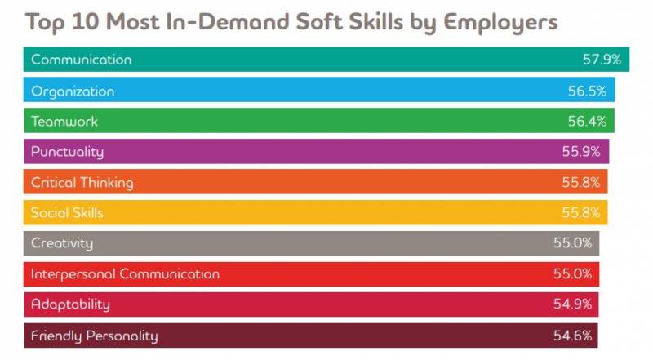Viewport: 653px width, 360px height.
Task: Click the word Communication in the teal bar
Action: tap(81, 60)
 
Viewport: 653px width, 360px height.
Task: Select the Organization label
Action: tap(73, 91)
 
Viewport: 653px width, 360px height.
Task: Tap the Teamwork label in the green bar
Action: tap(64, 121)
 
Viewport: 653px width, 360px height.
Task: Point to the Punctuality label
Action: tap(67, 152)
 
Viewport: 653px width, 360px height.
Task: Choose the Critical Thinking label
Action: tap(82, 182)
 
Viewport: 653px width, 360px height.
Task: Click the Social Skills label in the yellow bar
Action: tap(67, 213)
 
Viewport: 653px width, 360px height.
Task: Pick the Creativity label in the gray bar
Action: tap(62, 243)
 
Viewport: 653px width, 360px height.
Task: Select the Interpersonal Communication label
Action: tap(125, 274)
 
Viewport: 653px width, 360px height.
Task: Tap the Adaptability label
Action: tap(70, 304)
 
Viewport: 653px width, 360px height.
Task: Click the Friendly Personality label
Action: tap(94, 336)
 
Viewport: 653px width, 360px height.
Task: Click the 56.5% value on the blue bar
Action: tap(585, 91)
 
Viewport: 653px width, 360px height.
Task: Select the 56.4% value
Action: tap(584, 122)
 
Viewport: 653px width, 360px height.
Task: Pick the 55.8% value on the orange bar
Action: tap(580, 183)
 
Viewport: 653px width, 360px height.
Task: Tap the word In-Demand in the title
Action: tap(211, 21)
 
